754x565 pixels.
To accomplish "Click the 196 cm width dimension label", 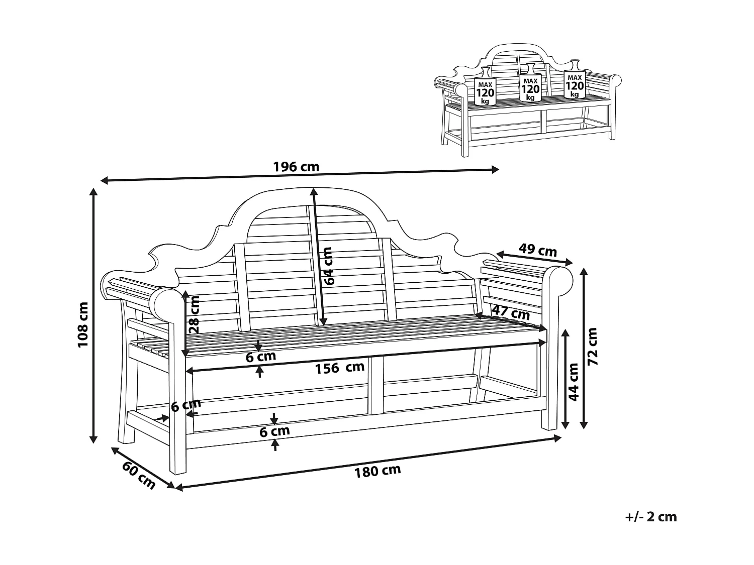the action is pyautogui.click(x=296, y=167).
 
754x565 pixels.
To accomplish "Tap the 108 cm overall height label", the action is pyautogui.click(x=83, y=324).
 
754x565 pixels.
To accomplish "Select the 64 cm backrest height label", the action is pyautogui.click(x=328, y=266).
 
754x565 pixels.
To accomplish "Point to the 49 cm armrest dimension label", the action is pyautogui.click(x=537, y=250).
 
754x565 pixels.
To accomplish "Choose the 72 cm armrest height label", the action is pyautogui.click(x=592, y=346).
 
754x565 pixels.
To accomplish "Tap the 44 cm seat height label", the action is pyautogui.click(x=573, y=382).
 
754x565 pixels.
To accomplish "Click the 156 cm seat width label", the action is pyautogui.click(x=340, y=368).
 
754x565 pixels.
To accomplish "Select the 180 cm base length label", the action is pyautogui.click(x=378, y=471).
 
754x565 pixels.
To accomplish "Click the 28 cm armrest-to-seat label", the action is pyautogui.click(x=195, y=314).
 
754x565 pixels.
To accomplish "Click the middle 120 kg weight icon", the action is pyautogui.click(x=530, y=83).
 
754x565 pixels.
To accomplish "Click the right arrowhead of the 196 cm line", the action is pyautogui.click(x=495, y=169).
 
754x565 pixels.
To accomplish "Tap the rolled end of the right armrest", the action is pyautogui.click(x=559, y=280).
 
